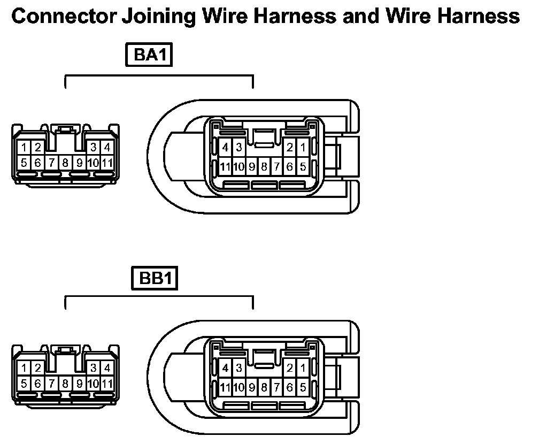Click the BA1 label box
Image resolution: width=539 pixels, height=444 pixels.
pos(149,56)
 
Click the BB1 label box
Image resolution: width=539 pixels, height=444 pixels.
pos(154,279)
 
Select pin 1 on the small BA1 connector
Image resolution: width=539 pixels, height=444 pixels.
pos(25,147)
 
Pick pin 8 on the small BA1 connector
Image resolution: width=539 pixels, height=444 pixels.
pos(65,162)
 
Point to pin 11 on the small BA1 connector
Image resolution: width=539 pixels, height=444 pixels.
pos(107,162)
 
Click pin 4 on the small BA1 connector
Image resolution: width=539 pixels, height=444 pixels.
pos(107,147)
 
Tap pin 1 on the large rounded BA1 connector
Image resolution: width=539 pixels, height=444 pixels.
pos(303,147)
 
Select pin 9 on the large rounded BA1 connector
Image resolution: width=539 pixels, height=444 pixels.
pos(251,167)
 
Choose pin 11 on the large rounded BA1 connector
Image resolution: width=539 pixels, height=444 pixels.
pos(225,167)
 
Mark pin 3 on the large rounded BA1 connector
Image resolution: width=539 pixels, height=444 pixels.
pos(238,147)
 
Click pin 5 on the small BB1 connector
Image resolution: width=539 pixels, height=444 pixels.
pos(25,383)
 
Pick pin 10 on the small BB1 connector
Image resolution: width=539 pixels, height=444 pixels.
pos(93,383)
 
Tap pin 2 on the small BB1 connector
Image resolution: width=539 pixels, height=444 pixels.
pos(38,368)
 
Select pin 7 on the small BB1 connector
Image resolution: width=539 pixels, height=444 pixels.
pos(52,383)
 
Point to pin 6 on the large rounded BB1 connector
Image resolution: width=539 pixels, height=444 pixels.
pos(290,387)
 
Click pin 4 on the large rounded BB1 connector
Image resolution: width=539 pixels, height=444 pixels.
pos(226,368)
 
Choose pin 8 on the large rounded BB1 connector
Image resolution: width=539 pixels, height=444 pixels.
pos(264,387)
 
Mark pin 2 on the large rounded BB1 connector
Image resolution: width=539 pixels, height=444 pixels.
pos(290,368)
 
